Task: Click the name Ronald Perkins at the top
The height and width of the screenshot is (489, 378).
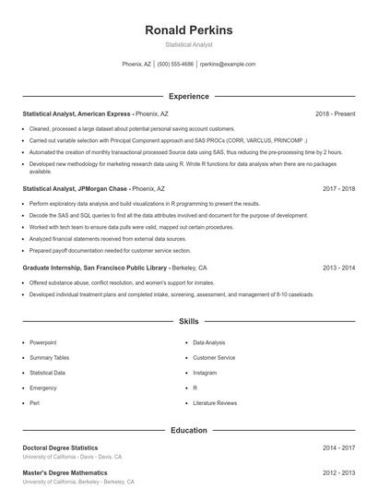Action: [189, 30]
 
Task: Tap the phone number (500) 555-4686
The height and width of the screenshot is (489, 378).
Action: [175, 65]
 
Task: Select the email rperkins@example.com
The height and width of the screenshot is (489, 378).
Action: [228, 65]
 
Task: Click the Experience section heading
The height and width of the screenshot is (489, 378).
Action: [189, 96]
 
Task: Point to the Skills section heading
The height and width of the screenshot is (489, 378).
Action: [189, 322]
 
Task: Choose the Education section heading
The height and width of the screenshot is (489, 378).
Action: [189, 430]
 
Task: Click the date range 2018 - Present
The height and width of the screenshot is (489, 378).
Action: [335, 113]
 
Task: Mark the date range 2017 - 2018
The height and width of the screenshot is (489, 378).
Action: [339, 187]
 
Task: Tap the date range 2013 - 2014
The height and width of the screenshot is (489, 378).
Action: [339, 268]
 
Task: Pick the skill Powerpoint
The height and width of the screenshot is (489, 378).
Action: [44, 342]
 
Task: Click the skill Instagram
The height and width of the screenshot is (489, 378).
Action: [205, 373]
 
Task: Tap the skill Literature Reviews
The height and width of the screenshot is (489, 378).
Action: [215, 403]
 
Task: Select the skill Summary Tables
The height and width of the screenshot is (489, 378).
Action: [49, 357]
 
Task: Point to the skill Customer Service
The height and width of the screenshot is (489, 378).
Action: [214, 357]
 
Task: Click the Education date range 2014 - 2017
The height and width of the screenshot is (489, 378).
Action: [339, 447]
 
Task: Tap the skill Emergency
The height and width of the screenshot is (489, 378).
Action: [42, 388]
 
